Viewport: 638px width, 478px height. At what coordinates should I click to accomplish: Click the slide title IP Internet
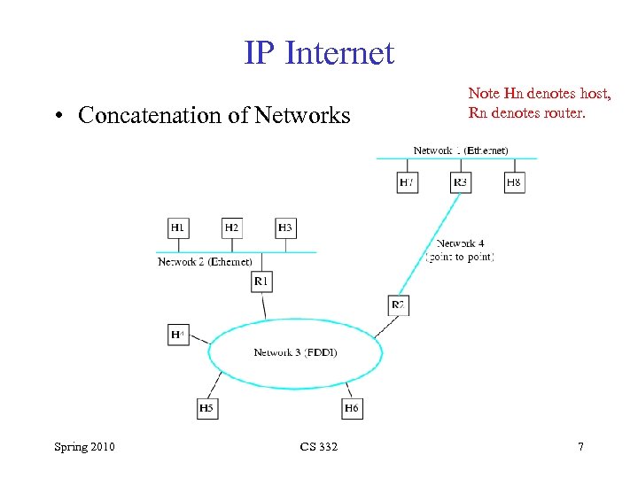(x=319, y=53)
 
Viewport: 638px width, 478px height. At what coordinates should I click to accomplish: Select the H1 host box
(x=178, y=228)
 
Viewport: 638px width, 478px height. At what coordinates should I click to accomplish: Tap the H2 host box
(x=231, y=228)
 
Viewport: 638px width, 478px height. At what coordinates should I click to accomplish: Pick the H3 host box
(x=284, y=228)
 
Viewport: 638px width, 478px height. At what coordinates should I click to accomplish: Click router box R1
(x=261, y=281)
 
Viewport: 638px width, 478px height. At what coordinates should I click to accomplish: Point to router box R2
(x=398, y=305)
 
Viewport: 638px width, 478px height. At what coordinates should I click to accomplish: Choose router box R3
(x=461, y=182)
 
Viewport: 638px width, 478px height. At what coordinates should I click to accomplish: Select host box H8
(x=514, y=182)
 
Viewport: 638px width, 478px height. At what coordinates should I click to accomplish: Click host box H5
(x=206, y=408)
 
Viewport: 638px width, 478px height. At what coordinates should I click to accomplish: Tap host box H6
(x=352, y=408)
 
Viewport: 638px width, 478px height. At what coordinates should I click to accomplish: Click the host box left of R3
(x=407, y=182)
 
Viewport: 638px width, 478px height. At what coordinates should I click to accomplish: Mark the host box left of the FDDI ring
(x=178, y=335)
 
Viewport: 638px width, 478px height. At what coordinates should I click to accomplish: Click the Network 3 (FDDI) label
(x=295, y=352)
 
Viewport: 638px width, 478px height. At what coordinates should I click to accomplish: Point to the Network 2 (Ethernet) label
(x=205, y=262)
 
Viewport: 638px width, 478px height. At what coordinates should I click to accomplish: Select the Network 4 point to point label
(x=460, y=250)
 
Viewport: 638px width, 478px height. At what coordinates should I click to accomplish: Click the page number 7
(x=580, y=447)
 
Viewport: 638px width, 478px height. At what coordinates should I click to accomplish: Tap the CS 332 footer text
(x=318, y=447)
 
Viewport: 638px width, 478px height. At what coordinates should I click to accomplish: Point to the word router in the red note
(x=564, y=112)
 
